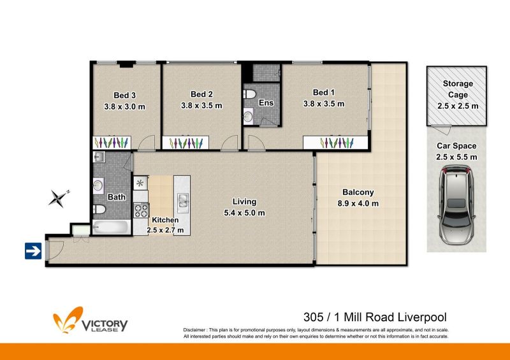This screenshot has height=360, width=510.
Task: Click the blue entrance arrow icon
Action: click(x=33, y=251)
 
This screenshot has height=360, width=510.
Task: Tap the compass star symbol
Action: click(x=59, y=198)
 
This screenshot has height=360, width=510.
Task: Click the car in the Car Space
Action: click(x=456, y=205)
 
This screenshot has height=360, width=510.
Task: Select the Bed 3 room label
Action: click(x=124, y=96)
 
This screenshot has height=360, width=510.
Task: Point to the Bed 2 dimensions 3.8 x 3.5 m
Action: click(x=201, y=106)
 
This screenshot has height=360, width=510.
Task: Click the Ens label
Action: click(x=266, y=103)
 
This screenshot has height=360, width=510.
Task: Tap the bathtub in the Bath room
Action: click(x=112, y=227)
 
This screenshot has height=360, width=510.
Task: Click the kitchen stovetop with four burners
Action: click(x=141, y=210)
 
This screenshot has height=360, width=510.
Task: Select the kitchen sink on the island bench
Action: click(x=182, y=200)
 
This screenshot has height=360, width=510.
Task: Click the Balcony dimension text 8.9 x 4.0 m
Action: click(x=358, y=204)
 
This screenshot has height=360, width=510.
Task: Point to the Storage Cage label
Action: click(x=458, y=89)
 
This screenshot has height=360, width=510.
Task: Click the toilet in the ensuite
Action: click(x=250, y=94)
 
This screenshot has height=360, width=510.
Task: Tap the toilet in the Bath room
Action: click(x=99, y=210)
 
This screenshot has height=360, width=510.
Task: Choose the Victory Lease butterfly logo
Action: click(x=68, y=320)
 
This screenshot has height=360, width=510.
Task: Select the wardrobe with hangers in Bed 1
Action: click(x=335, y=143)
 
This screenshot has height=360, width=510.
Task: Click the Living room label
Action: click(x=244, y=201)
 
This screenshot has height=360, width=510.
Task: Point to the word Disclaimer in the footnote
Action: click(x=194, y=330)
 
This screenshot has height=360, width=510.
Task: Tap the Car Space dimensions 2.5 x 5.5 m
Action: click(x=456, y=157)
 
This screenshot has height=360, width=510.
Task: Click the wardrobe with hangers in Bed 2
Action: click(x=186, y=143)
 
